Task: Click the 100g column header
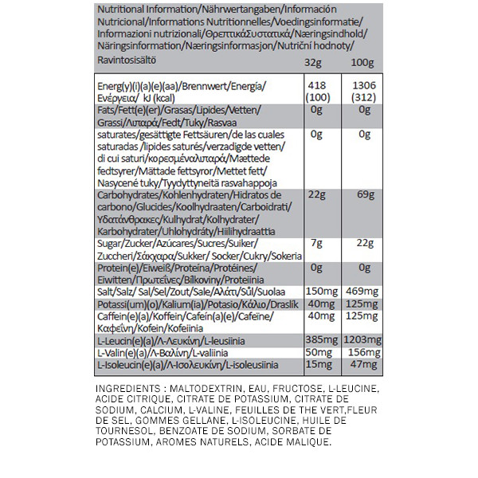[x=362, y=62]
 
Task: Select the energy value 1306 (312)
[x=362, y=92]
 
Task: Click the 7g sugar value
[x=315, y=242]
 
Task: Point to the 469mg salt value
[x=362, y=291]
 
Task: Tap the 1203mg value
[x=362, y=340]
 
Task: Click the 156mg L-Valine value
[x=362, y=353]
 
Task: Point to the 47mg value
[x=364, y=365]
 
